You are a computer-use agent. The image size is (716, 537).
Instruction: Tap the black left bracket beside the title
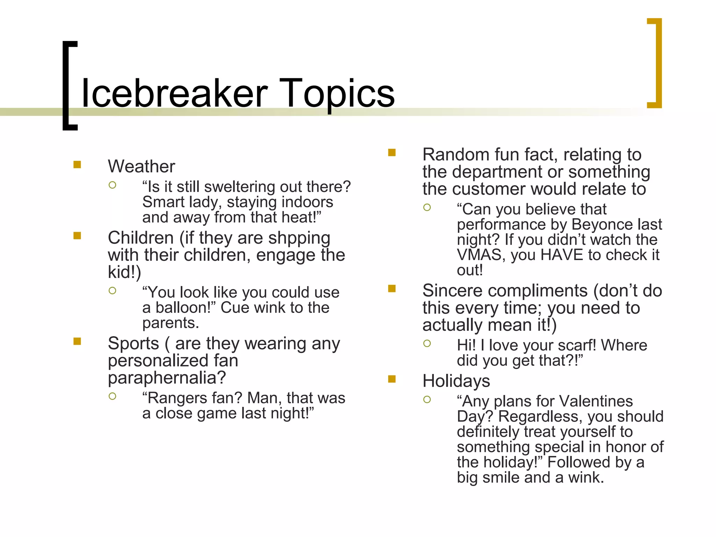point(69,85)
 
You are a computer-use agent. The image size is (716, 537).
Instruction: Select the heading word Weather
point(141,166)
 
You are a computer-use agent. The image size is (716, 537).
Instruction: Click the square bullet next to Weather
point(77,164)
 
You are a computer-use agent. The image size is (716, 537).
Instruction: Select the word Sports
point(133,343)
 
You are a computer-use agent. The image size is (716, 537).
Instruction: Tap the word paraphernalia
point(167,378)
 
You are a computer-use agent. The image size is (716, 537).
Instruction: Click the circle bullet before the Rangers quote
point(112,396)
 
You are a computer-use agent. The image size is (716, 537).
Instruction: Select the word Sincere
point(453,291)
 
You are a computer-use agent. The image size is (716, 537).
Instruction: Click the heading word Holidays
point(456,381)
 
